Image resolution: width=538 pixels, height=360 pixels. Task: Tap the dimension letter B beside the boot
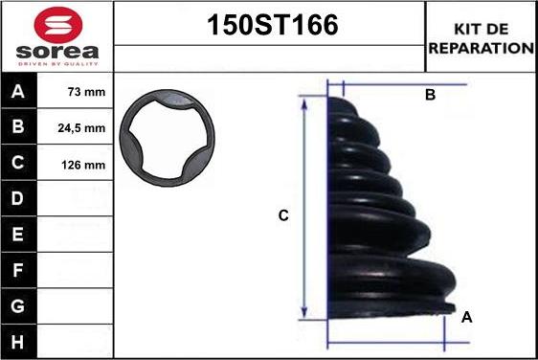pyautogui.click(x=430, y=95)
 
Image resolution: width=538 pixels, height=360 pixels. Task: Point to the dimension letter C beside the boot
pyautogui.click(x=283, y=216)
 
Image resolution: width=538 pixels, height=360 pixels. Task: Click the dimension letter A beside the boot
pyautogui.click(x=466, y=317)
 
